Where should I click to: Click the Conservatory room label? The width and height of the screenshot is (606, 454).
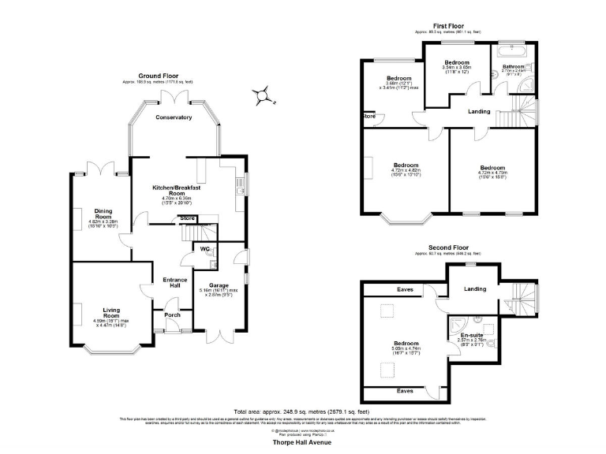point(174,117)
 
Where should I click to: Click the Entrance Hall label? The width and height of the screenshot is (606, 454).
point(174,282)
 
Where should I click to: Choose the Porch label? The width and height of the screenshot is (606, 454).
point(172,315)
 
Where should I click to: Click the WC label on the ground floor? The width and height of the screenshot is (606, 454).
point(204,250)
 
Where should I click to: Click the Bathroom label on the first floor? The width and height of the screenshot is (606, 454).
point(514,67)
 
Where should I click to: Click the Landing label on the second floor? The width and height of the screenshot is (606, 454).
point(474,289)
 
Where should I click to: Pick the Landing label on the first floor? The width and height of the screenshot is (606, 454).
point(479,111)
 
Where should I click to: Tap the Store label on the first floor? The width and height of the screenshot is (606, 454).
point(368,117)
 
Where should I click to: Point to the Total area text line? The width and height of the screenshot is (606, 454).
point(302,411)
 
